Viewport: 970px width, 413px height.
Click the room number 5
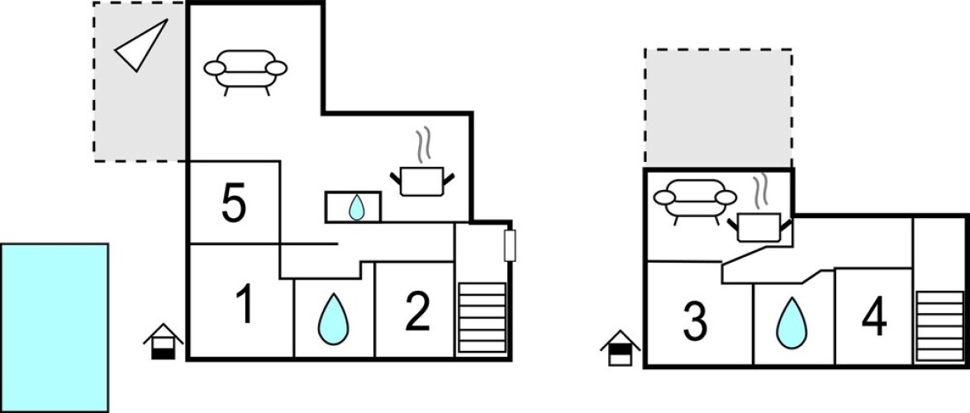click(234, 204)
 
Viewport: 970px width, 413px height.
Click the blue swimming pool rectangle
click(55, 327)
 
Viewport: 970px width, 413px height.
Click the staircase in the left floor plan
click(481, 318)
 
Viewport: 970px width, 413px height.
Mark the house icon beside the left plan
click(164, 341)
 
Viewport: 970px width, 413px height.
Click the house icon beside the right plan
click(621, 348)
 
